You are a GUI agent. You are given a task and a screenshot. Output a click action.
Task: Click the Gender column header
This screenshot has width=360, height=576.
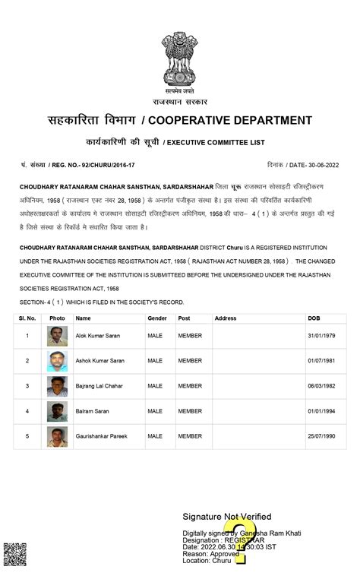click(x=157, y=318)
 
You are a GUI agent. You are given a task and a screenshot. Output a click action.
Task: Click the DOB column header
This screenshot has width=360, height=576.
click(x=314, y=318)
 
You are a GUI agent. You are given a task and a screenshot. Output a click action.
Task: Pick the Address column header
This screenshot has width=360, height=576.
click(x=226, y=318)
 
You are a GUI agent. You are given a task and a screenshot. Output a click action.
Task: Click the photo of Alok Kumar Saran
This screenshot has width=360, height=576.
click(x=57, y=336)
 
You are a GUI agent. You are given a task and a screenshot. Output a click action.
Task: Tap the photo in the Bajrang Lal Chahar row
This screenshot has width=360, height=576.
click(x=57, y=386)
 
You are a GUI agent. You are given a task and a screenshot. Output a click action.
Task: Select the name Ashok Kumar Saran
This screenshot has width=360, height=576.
click(x=99, y=361)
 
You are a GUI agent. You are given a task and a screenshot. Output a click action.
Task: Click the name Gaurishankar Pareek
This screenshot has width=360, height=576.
click(x=101, y=436)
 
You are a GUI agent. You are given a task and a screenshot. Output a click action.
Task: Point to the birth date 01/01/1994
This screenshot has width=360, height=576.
click(x=319, y=411)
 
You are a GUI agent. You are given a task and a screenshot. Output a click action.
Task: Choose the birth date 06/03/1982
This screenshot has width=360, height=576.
click(x=319, y=386)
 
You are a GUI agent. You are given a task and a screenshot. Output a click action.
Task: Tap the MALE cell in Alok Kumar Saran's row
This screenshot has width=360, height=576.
click(x=155, y=336)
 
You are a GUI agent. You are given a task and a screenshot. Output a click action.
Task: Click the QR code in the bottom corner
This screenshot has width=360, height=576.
click(x=14, y=555)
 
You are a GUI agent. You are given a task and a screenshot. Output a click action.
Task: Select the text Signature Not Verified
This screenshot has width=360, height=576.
click(x=226, y=517)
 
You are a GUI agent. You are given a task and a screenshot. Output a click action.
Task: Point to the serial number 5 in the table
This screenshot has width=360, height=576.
click(x=27, y=436)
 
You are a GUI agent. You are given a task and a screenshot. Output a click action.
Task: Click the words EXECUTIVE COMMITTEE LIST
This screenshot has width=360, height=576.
click(x=216, y=142)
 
